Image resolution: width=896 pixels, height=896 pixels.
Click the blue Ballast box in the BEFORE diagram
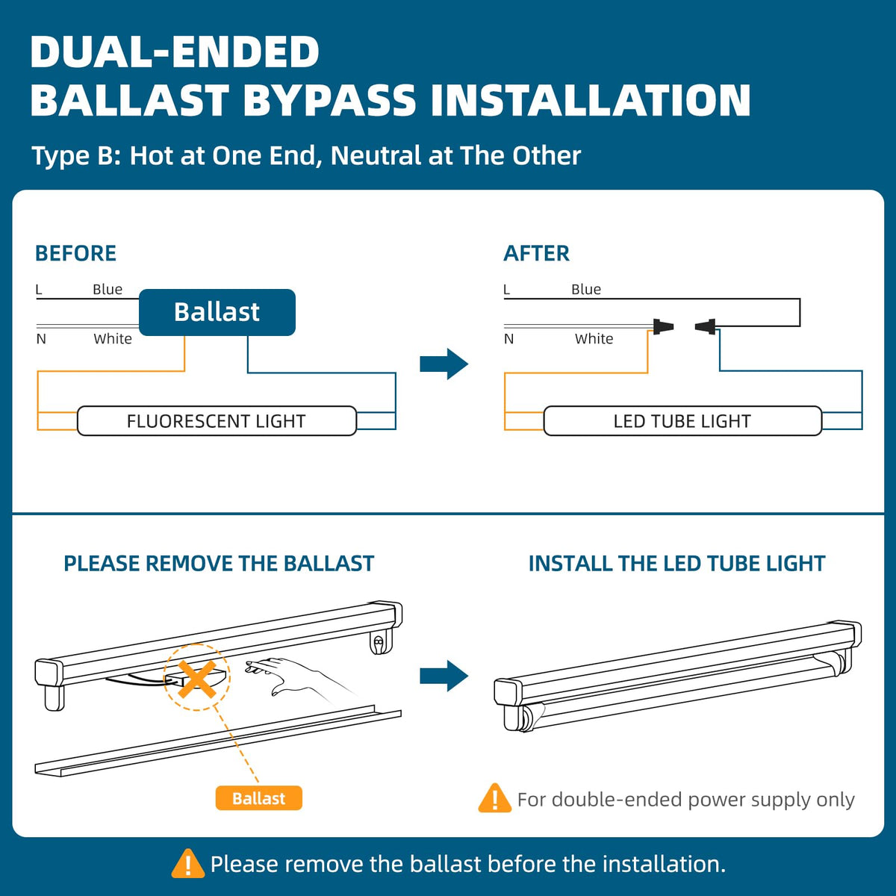coord(217,312)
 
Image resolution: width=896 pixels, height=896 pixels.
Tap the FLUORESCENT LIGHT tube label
coord(217,421)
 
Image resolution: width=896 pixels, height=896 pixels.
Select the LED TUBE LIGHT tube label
coord(682,421)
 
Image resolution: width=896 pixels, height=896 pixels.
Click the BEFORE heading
coord(75,253)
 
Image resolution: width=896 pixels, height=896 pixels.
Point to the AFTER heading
coord(536,253)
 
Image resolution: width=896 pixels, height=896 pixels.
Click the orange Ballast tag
coord(258,798)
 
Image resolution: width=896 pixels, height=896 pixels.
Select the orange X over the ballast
coord(197,678)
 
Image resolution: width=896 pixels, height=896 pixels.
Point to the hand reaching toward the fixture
coord(295,676)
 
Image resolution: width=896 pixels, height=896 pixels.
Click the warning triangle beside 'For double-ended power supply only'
coord(494,799)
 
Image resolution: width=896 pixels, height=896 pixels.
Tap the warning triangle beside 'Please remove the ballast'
coord(187,864)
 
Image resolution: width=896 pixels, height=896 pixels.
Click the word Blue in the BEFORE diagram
coord(108,290)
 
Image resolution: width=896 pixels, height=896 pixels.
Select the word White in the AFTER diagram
coord(594,339)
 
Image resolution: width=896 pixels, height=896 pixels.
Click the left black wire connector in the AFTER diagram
coord(662,326)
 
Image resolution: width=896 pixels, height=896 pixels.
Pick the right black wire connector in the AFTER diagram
coord(706,326)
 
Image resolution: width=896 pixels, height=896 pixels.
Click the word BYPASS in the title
coord(330,101)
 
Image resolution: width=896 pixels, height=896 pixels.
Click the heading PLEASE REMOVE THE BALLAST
coord(219,564)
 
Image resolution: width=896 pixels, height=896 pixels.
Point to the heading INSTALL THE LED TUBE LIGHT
coord(676,564)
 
